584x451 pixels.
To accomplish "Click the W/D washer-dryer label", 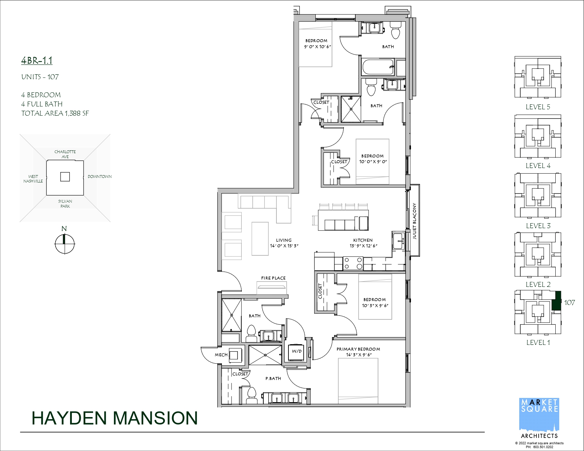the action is tap(297, 351).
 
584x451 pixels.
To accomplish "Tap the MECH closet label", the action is tap(221, 355).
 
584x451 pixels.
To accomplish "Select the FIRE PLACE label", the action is tap(273, 278).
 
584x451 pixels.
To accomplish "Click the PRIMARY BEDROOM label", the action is tap(358, 349).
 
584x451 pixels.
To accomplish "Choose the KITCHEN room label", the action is tap(363, 240).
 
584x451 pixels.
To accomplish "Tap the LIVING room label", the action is tap(284, 240).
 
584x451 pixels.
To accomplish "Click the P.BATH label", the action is tap(273, 378).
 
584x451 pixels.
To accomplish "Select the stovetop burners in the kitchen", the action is tap(353, 263).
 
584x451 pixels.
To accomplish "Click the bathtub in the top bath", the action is tap(378, 67).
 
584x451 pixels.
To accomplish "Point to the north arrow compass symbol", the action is tap(64, 244).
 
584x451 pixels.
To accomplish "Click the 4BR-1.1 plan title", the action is tap(37, 60).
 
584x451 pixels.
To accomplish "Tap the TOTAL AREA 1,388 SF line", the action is tap(55, 113).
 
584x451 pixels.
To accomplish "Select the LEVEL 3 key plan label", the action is tap(538, 226).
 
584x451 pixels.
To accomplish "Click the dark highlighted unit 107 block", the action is tap(556, 301).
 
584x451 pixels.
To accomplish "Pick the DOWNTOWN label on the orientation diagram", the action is tap(100, 177).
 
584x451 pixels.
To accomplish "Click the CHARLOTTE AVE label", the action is tap(65, 154).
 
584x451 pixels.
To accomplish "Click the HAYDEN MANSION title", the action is tap(115, 418).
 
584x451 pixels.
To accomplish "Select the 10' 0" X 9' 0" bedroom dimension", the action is tap(373, 162).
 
